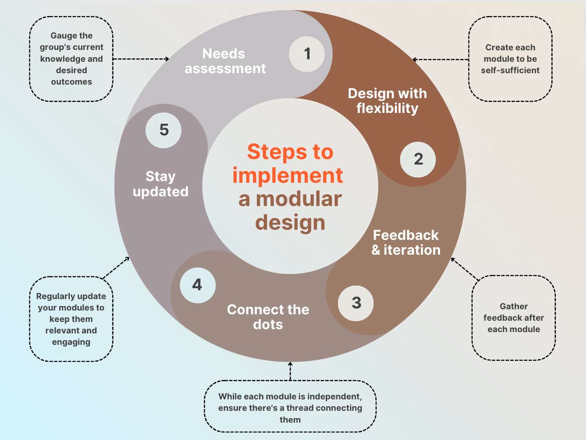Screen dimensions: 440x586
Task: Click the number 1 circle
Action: (x=307, y=54)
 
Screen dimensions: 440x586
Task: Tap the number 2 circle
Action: (x=418, y=159)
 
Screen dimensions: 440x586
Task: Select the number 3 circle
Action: (x=356, y=303)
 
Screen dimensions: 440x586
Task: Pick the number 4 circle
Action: (x=198, y=285)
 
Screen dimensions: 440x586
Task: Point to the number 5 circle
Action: (x=164, y=130)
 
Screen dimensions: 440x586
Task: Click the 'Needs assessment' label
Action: (x=225, y=61)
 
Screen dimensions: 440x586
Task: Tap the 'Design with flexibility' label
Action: (x=387, y=101)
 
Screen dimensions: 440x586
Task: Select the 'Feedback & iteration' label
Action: (x=406, y=242)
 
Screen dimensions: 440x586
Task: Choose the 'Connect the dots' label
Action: (x=268, y=317)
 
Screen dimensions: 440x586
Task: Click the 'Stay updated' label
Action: (x=160, y=184)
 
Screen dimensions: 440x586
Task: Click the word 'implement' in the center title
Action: (x=288, y=176)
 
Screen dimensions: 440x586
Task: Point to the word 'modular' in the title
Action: (x=299, y=199)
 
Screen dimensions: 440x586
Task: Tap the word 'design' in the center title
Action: (x=290, y=223)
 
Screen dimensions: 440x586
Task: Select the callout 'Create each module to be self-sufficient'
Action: (x=510, y=59)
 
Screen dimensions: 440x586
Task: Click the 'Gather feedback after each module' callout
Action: (x=514, y=318)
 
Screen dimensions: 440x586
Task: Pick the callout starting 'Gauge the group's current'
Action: (x=72, y=59)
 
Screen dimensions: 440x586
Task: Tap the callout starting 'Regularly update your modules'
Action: (x=71, y=319)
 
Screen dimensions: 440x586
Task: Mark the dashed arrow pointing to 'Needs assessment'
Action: (x=141, y=59)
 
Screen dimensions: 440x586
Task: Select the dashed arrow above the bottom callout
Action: (x=290, y=371)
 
